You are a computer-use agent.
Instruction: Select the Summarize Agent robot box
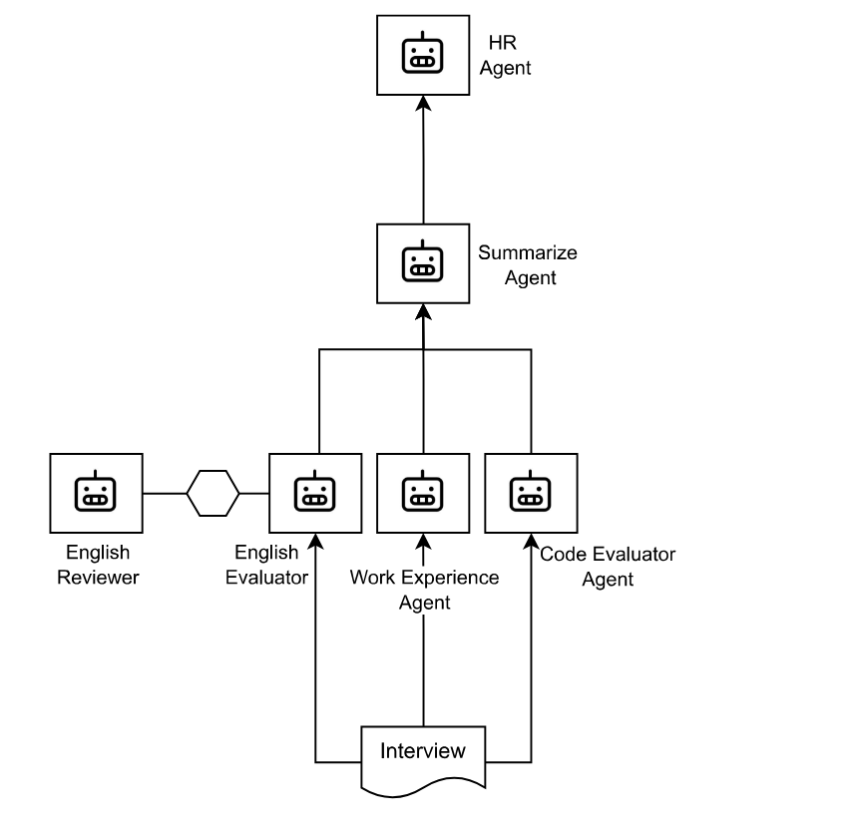pos(422,264)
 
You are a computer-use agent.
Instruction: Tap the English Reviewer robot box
pos(96,493)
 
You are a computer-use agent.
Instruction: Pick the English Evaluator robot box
pos(315,493)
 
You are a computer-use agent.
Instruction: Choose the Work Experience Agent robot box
pos(423,493)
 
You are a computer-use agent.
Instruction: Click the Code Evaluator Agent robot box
pos(531,493)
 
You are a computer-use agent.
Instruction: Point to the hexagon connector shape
pos(213,493)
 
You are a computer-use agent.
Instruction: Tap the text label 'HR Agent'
pos(509,56)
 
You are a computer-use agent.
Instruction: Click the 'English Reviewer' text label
pos(97,565)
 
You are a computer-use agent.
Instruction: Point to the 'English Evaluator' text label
pos(265,565)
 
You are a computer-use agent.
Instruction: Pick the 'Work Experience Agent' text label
pos(424,590)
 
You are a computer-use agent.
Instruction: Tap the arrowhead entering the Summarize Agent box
pos(423,312)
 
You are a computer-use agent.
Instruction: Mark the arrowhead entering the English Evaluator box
pos(315,541)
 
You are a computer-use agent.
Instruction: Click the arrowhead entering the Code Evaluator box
pos(531,541)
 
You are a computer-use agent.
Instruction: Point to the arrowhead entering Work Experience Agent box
pos(423,541)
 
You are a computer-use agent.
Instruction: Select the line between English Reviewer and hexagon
pos(165,493)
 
